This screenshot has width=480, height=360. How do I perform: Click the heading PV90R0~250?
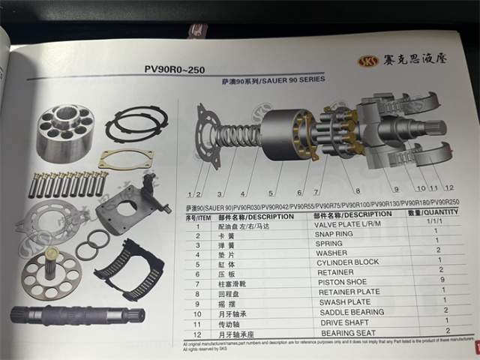click(174, 70)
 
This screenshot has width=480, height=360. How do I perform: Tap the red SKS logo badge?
click(368, 60)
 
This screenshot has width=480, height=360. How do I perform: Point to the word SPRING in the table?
click(330, 244)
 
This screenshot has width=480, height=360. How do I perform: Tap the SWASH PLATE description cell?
click(345, 301)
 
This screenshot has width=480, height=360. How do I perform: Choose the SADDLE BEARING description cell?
click(351, 311)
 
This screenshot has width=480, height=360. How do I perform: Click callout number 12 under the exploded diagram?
click(448, 187)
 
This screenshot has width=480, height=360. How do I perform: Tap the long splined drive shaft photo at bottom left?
click(72, 314)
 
